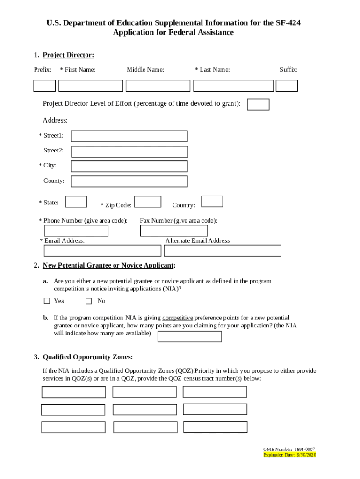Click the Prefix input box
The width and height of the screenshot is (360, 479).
[x=44, y=86]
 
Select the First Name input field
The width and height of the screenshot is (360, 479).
[x=91, y=86]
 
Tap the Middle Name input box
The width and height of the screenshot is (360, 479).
[x=158, y=86]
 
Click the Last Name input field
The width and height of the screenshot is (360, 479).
[x=233, y=86]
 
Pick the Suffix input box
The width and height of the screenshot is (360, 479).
[x=287, y=86]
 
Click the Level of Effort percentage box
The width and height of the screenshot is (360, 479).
[x=258, y=104]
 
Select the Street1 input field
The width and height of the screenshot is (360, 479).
[x=129, y=136]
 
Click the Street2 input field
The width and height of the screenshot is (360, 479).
[x=130, y=152]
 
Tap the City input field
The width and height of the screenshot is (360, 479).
[x=129, y=167]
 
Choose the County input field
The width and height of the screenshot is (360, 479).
[x=129, y=181]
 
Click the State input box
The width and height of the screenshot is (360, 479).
[x=76, y=202]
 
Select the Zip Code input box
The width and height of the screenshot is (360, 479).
[x=148, y=202]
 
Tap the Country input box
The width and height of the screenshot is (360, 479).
[x=212, y=202]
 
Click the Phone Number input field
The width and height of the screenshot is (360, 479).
[x=76, y=231]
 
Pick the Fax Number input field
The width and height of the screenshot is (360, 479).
[x=174, y=231]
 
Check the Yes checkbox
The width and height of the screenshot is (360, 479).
[x=47, y=301]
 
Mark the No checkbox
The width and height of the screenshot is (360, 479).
[x=89, y=301]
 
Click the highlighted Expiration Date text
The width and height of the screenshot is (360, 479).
[x=290, y=455]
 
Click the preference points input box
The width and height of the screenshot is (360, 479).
[x=190, y=337]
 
